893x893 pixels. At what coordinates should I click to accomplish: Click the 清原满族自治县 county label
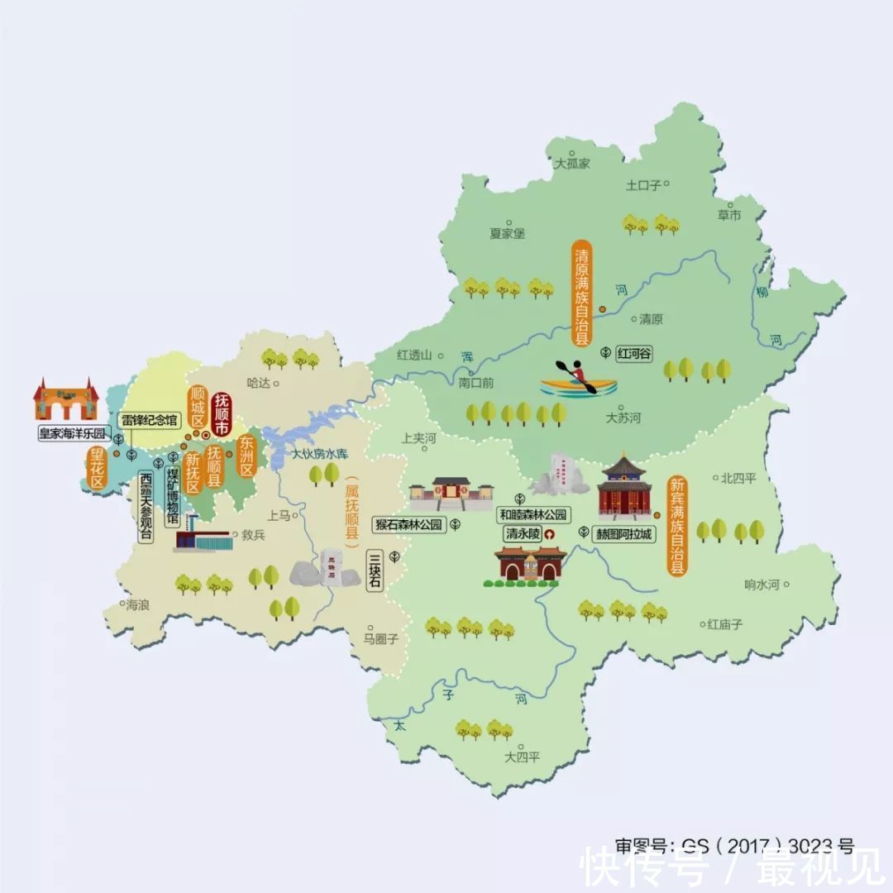(583, 293)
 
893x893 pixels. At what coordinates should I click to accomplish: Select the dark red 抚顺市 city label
(222, 414)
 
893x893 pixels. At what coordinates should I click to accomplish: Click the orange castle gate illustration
(66, 399)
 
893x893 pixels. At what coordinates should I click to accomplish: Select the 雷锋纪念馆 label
(149, 420)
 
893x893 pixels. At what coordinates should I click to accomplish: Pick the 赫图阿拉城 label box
(625, 533)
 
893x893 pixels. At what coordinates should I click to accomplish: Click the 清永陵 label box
(523, 533)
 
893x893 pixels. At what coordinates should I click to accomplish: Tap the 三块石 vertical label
(375, 571)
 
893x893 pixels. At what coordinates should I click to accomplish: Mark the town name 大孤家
(572, 164)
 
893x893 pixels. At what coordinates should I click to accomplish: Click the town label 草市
(729, 216)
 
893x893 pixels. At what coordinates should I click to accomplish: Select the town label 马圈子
(381, 638)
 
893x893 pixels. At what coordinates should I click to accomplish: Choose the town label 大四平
(523, 757)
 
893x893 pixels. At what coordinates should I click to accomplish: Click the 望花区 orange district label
(98, 469)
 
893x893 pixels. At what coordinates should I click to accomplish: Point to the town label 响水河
(762, 585)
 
